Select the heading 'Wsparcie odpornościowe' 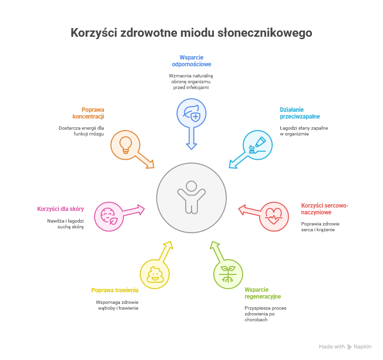191,60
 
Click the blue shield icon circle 191,114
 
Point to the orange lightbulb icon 125,145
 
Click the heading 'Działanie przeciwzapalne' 299,113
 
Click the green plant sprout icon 228,274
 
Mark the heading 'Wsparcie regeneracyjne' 263,293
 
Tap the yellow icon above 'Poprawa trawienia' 155,274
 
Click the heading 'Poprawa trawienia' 115,290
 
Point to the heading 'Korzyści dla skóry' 60,209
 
